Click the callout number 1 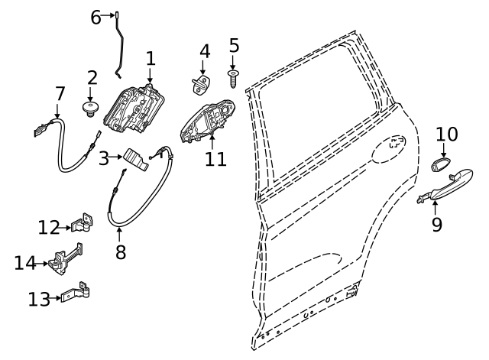(151, 58)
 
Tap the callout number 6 (96, 16)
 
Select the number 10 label (447, 135)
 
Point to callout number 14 (24, 263)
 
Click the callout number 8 (121, 251)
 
